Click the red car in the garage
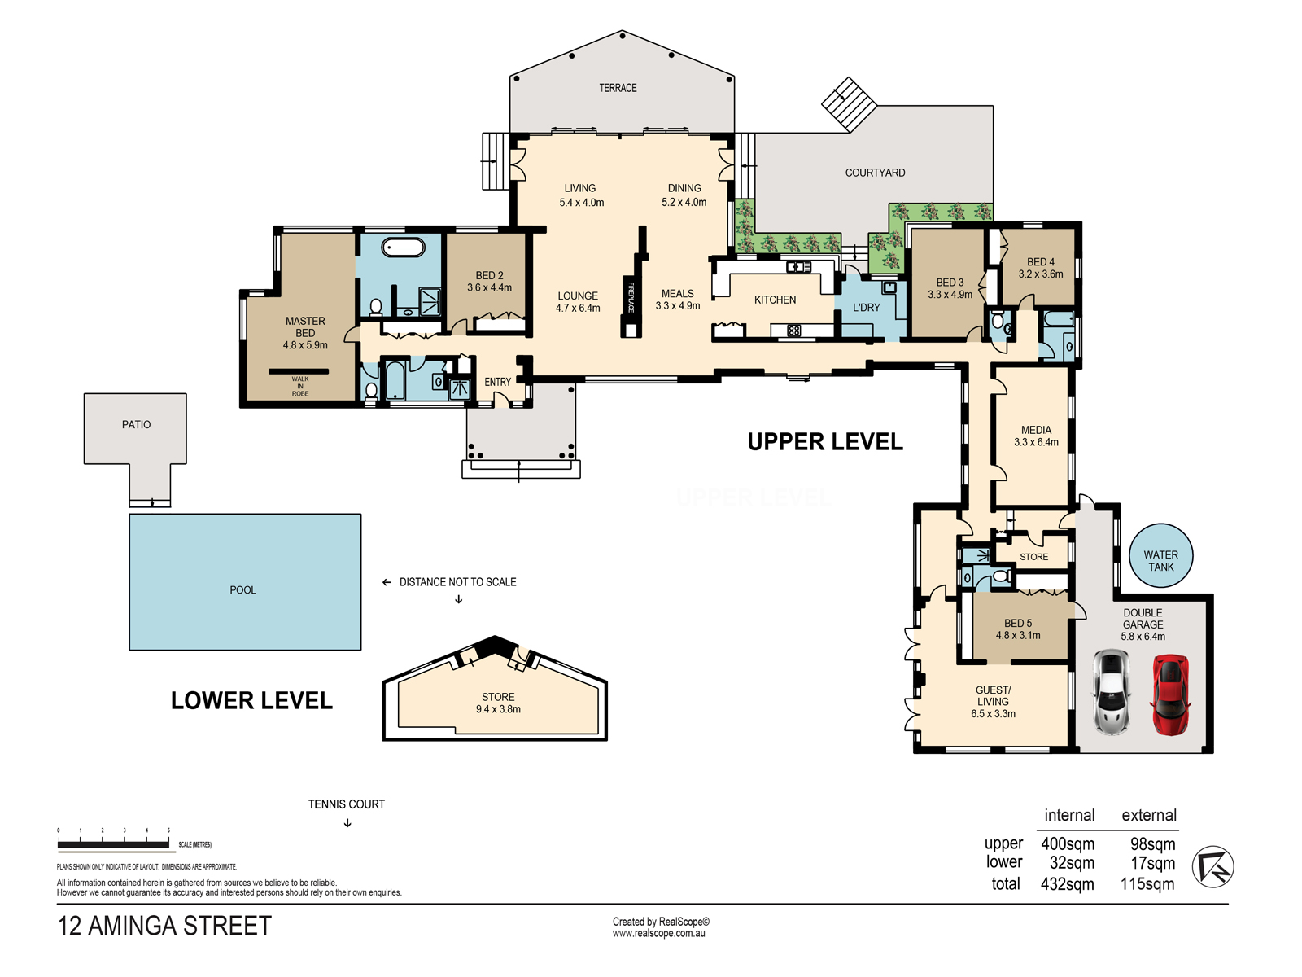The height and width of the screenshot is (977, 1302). point(1170,694)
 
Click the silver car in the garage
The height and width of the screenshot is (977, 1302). point(1111,692)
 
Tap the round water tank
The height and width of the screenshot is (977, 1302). point(1160,555)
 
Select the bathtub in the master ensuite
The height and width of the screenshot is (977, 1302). point(403,248)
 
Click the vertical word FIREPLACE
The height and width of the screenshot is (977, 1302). point(631,296)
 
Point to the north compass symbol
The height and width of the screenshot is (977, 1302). point(1213,866)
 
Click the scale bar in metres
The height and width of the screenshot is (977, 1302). point(113,843)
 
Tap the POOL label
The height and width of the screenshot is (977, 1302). point(242,589)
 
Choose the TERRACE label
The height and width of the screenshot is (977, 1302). point(618,88)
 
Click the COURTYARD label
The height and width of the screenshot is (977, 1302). point(875,173)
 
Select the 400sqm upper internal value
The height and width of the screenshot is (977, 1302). point(1067,843)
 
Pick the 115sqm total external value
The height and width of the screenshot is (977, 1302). point(1147,884)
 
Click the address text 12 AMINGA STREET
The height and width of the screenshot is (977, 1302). point(164,926)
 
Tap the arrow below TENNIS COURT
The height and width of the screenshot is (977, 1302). point(347,823)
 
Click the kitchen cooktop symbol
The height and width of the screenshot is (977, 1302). point(793,331)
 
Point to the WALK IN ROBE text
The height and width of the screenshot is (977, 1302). point(300,386)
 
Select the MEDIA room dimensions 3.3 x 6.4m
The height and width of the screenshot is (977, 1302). point(1036,442)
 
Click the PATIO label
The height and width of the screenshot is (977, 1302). point(136,425)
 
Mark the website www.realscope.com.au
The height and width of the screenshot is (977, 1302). point(658,933)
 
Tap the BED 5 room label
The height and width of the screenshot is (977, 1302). point(1018,624)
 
